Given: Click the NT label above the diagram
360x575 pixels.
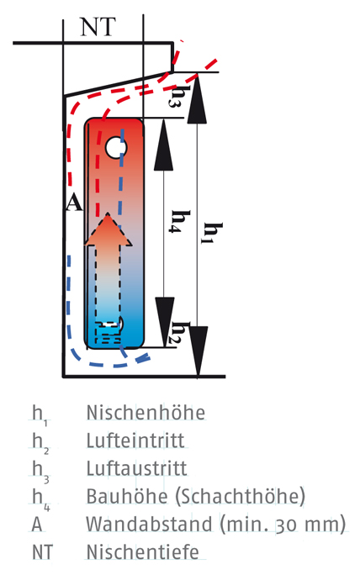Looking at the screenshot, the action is pos(98,26).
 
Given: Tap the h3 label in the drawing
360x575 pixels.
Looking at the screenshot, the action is pos(176,95).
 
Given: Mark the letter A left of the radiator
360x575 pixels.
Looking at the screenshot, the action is pos(74,203).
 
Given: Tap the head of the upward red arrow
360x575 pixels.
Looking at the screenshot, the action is pos(108,229).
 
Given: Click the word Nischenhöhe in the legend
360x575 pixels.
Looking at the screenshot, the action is pos(146,413).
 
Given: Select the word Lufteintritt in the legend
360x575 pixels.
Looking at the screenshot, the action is pos(135,440).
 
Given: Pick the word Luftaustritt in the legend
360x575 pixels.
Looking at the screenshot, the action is pos(136,468).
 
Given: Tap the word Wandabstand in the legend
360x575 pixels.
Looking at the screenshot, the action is pos(149,525).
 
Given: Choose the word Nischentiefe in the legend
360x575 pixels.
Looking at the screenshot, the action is pos(143,552).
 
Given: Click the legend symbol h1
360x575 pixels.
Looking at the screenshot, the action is pos(40,415).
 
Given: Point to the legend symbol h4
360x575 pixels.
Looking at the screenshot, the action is pos(40,499).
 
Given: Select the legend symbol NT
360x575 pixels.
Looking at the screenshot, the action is pos(43,552).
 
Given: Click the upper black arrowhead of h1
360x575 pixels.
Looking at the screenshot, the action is pos(197,98).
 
